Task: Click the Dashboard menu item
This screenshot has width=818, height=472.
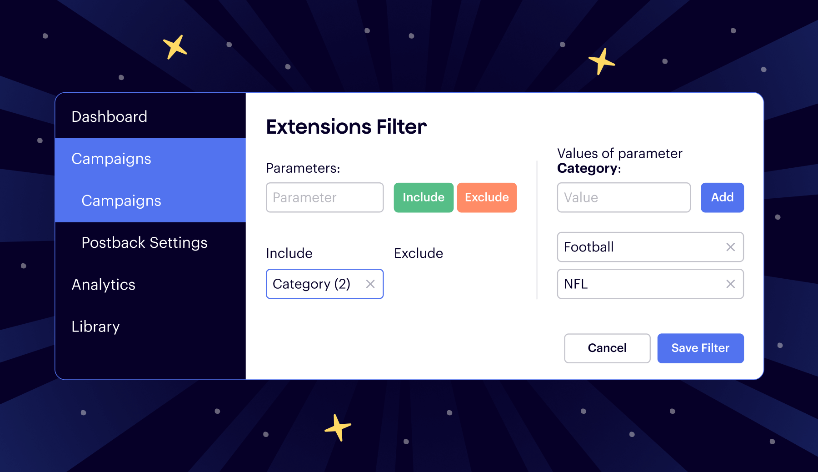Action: point(110,117)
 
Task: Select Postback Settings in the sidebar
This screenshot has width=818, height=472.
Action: point(144,243)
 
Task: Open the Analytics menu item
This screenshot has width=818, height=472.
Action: point(104,285)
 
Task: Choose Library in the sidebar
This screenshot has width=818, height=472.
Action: point(95,326)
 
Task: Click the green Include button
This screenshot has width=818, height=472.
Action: point(423,197)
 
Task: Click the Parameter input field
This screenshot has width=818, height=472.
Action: point(324,197)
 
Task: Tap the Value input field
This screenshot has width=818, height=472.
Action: point(623,197)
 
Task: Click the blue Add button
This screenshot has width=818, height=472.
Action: point(722,197)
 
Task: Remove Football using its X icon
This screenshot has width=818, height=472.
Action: point(730,247)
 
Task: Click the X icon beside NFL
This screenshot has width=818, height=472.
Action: point(730,284)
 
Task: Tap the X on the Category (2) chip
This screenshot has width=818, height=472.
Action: point(370,284)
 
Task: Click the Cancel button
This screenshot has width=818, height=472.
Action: point(607,348)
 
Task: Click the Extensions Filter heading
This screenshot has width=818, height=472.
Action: point(346,127)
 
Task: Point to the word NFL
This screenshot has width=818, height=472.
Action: point(576,284)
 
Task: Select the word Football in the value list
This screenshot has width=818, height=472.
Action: point(589,247)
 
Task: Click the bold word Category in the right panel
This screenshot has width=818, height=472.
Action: point(587,168)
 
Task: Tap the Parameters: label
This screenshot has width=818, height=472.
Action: point(303,168)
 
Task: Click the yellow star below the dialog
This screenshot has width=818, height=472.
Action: point(338,427)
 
